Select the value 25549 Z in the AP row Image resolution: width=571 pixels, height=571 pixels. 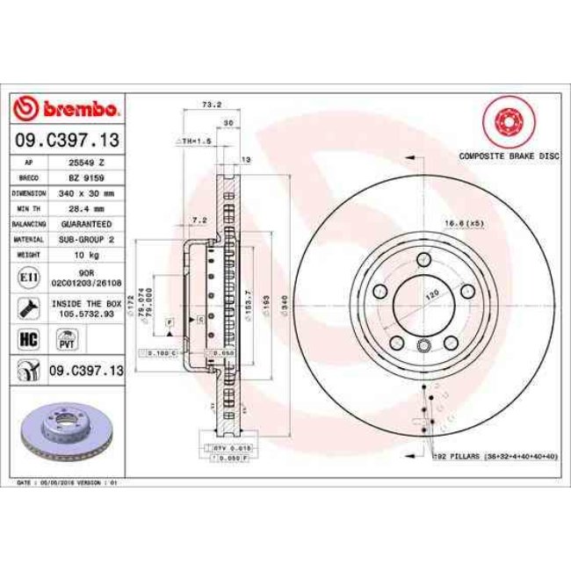(88, 163)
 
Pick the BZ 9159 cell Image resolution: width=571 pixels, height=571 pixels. (88, 177)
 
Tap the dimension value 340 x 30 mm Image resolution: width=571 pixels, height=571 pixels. (88, 192)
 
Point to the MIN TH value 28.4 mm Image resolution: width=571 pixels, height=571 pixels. (88, 208)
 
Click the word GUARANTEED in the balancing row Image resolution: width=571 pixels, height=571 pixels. (88, 224)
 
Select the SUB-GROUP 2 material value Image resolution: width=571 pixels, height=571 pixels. (88, 239)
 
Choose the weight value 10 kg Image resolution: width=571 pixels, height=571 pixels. (88, 255)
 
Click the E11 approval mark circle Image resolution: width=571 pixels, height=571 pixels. (28, 278)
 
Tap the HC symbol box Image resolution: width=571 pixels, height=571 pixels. (27, 337)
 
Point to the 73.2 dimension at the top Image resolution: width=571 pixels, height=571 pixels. (211, 105)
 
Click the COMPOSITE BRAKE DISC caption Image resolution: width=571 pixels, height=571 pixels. (509, 155)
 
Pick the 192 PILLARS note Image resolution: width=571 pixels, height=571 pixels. (495, 457)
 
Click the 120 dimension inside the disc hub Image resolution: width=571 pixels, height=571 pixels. (431, 297)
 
